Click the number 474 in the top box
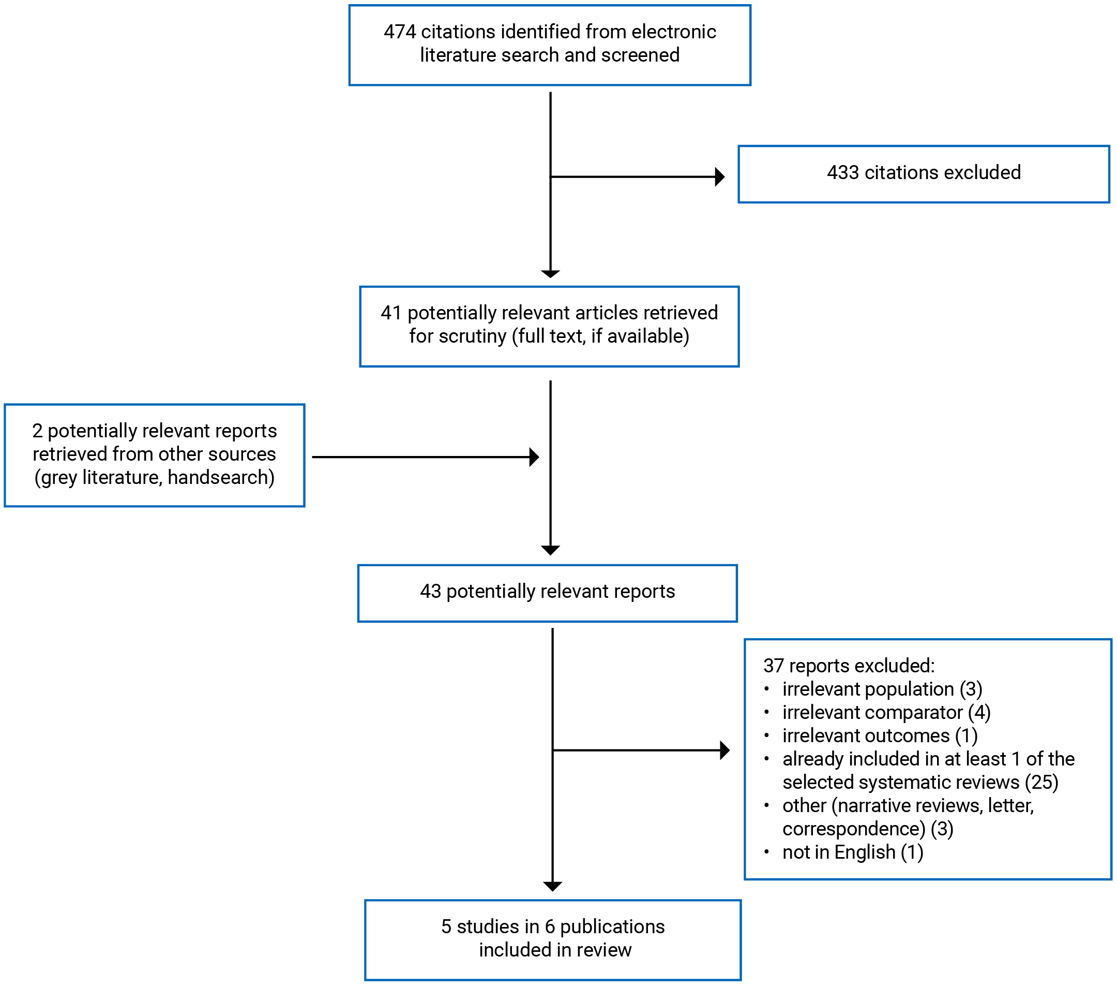click(399, 32)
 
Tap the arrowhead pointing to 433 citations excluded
click(720, 176)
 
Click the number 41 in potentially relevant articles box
click(391, 313)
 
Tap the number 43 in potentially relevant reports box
click(430, 591)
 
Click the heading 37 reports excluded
click(849, 666)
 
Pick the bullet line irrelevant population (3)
click(882, 689)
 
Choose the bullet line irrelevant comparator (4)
click(886, 713)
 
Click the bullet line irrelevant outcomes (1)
click(879, 735)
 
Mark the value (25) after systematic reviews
click(1041, 782)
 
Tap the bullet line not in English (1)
click(853, 852)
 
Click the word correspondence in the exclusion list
click(854, 829)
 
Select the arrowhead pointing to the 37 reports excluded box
click(724, 750)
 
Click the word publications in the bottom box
click(612, 926)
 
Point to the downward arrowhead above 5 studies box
click(552, 887)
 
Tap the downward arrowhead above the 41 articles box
click(550, 274)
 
